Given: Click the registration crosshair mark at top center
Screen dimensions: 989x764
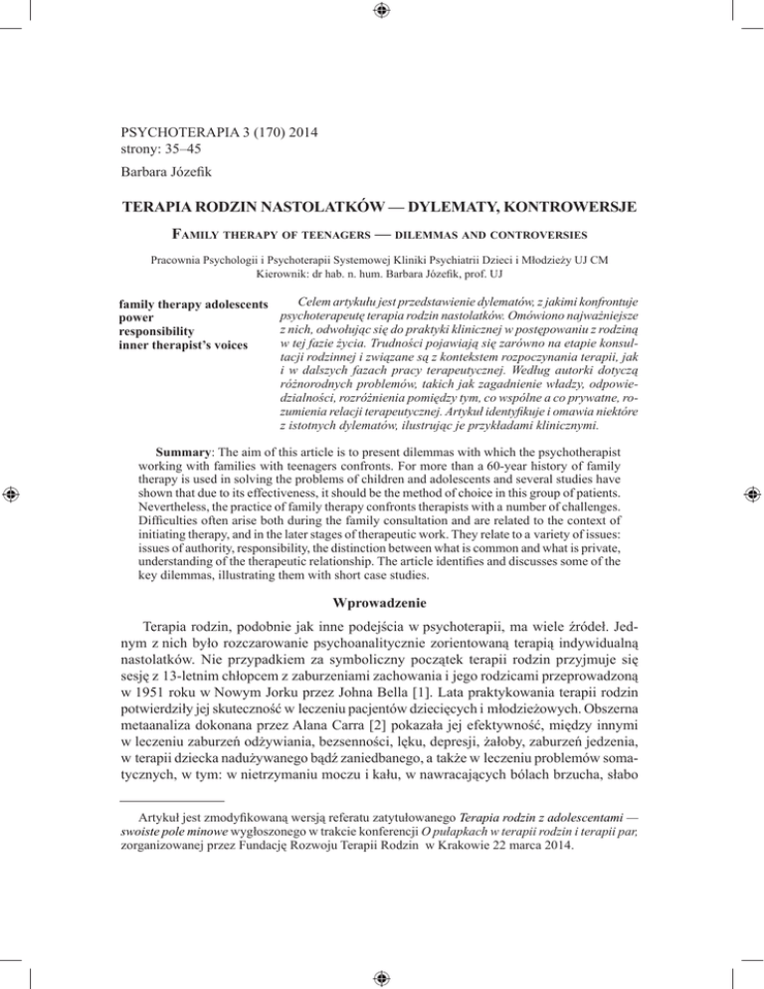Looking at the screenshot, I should coord(382,13).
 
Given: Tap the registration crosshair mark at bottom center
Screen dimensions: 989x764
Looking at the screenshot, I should coord(382,975).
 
